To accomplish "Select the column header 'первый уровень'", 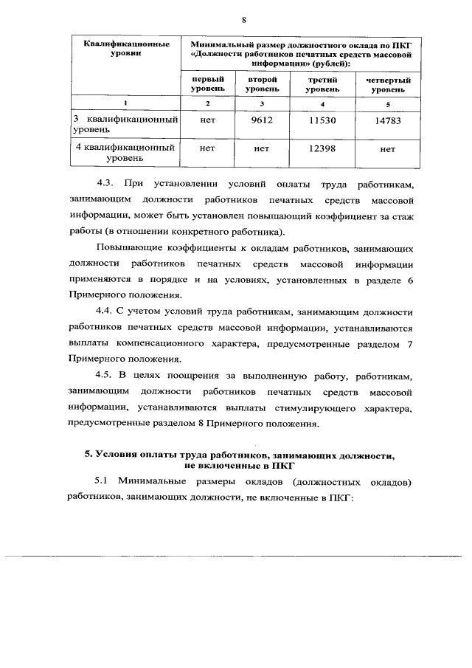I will [x=209, y=83].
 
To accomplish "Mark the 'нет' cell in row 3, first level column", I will [x=209, y=120].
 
